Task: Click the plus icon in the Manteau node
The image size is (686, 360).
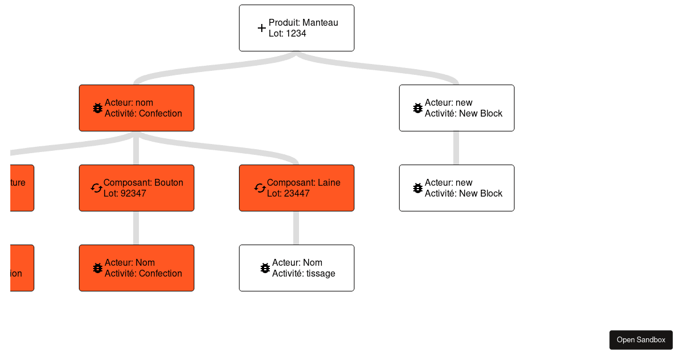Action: click(261, 28)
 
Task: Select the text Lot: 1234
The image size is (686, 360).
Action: click(287, 34)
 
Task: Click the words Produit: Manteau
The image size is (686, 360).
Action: click(303, 23)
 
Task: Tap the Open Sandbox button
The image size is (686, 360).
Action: click(641, 340)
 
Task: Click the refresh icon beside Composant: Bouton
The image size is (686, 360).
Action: click(97, 188)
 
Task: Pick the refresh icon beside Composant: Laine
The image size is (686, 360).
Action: click(260, 188)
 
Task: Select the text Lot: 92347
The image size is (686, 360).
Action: click(125, 194)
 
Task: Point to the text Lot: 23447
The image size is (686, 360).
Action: click(288, 194)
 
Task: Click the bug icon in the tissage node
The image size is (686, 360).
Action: click(265, 268)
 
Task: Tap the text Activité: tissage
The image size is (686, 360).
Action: click(303, 274)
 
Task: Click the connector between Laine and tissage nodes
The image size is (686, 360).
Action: click(296, 228)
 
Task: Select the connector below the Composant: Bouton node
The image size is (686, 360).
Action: click(136, 228)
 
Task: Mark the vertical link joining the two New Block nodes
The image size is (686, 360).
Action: click(456, 148)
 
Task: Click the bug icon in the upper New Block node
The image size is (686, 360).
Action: click(417, 108)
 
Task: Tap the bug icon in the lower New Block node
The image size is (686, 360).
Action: click(417, 188)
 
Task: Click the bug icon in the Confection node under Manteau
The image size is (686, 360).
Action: click(97, 108)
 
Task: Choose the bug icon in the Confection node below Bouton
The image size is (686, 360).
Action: click(97, 268)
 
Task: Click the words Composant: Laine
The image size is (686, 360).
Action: click(304, 183)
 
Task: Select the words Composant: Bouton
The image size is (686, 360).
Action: click(143, 183)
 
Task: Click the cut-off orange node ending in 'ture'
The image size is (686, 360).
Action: click(22, 188)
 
